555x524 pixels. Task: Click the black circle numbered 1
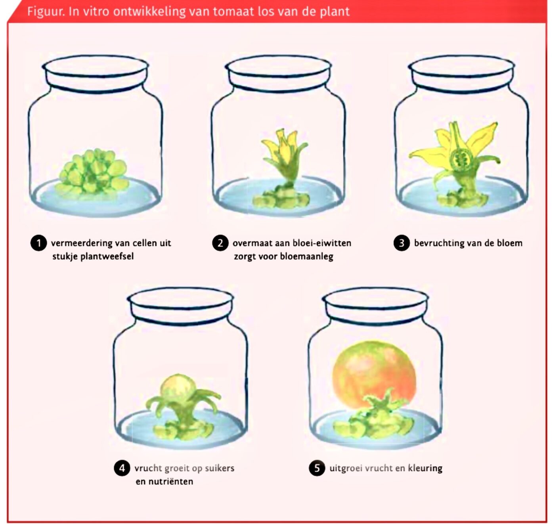(38, 243)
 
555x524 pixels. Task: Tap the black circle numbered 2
(220, 243)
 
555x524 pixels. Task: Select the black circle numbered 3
(402, 243)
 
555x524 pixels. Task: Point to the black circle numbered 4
(122, 468)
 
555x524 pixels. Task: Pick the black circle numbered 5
(317, 468)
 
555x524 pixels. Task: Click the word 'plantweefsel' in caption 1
(107, 256)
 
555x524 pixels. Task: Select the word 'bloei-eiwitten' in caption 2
(322, 243)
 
